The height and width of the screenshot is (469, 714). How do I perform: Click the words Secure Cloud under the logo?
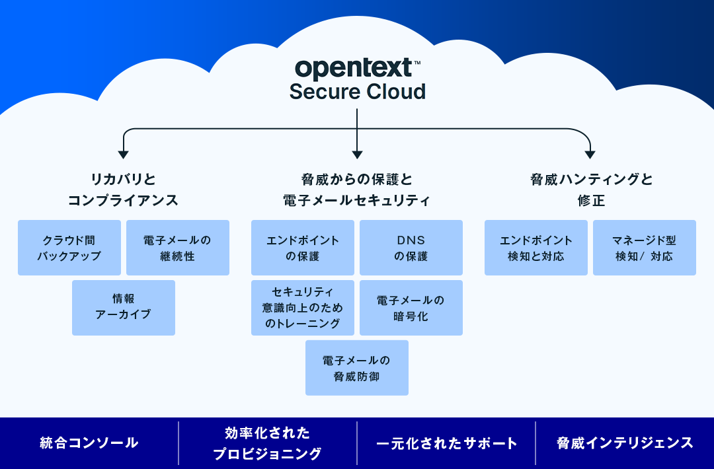tap(357, 91)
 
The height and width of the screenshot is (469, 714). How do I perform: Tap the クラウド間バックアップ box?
tap(69, 248)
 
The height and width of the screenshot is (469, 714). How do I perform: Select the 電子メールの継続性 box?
tap(177, 248)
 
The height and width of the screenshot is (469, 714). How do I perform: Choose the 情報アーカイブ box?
tap(124, 307)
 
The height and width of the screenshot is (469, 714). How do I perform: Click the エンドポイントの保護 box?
tap(303, 248)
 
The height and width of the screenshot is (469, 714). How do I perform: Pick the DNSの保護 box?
tap(411, 248)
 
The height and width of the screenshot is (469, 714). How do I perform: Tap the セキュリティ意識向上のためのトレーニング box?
tap(303, 307)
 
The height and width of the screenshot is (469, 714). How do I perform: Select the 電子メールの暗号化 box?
tap(411, 307)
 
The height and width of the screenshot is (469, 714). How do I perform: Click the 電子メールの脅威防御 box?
tap(357, 368)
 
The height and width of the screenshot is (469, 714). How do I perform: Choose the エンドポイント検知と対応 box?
tap(536, 248)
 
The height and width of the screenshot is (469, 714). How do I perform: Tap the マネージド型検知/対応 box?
tap(644, 248)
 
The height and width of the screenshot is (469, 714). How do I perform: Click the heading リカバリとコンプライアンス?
tap(123, 190)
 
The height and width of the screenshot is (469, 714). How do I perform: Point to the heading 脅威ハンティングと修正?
tap(591, 190)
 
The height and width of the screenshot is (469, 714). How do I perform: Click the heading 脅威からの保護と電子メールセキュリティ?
tap(357, 190)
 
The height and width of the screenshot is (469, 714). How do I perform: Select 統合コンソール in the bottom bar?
tap(89, 443)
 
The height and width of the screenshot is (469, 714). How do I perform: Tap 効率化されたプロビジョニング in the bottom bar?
tap(267, 443)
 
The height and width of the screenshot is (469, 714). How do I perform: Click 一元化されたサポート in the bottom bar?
tap(446, 443)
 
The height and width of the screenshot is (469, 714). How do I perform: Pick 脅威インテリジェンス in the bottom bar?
tap(625, 443)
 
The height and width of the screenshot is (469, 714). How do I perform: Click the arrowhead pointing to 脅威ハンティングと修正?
tap(590, 155)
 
